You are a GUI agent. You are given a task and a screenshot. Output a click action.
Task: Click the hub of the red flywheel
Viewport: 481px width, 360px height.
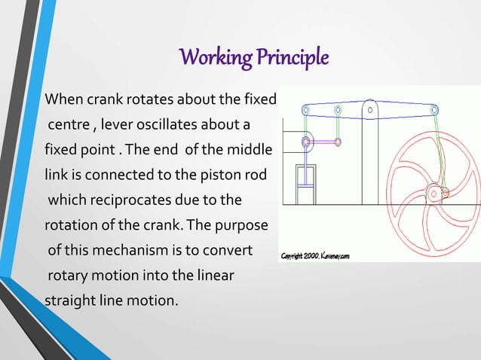[x=434, y=194]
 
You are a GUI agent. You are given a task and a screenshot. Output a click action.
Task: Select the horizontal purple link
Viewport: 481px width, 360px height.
[x=322, y=142]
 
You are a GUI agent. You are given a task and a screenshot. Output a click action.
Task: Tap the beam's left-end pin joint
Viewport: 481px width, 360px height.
[x=305, y=110]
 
